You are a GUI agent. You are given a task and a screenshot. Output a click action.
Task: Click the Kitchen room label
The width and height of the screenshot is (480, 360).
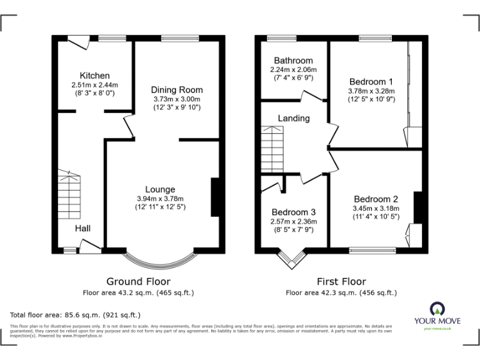94,76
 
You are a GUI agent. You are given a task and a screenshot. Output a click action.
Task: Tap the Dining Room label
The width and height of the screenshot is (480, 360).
177,90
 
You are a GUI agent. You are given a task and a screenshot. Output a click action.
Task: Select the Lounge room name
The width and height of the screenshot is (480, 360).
160,189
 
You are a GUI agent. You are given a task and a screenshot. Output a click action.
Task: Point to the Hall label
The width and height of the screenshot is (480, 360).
83,229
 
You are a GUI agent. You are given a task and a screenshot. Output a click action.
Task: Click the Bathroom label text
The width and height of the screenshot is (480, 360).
293,61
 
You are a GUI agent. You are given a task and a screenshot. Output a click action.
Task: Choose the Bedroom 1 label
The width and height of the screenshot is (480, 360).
371,82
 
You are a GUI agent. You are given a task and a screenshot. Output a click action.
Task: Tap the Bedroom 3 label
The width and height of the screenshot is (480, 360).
293,212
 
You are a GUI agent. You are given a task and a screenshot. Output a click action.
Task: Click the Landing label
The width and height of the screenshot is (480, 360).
293,118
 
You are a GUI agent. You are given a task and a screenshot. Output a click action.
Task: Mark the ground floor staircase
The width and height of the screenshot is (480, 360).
70,194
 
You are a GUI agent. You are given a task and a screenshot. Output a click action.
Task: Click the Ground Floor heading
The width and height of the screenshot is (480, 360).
138,282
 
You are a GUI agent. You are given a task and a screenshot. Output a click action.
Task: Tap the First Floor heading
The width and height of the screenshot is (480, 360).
341,282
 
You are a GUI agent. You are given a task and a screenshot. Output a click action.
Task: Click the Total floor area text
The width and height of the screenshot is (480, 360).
76,315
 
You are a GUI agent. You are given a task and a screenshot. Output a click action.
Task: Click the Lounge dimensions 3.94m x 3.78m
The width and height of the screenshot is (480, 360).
160,198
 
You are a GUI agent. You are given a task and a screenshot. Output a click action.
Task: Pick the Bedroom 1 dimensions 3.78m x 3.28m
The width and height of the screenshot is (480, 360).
371,91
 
